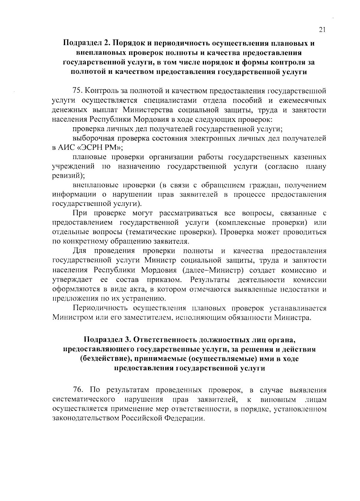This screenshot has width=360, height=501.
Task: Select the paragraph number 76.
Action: (78, 390)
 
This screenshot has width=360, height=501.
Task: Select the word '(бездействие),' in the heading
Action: (104, 359)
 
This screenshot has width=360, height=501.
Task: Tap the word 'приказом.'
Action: (164, 280)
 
